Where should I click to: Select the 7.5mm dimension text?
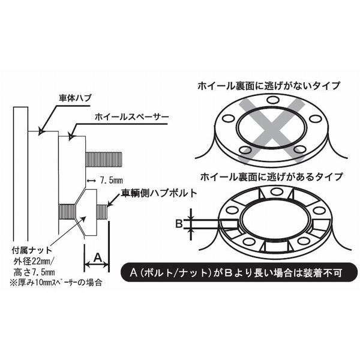pos(110,179)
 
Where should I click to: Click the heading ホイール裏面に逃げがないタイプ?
pos(269,86)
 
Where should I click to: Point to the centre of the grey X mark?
pos(269,128)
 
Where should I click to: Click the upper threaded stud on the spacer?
pos(104,159)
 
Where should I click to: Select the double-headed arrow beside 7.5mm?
pos(92,179)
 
